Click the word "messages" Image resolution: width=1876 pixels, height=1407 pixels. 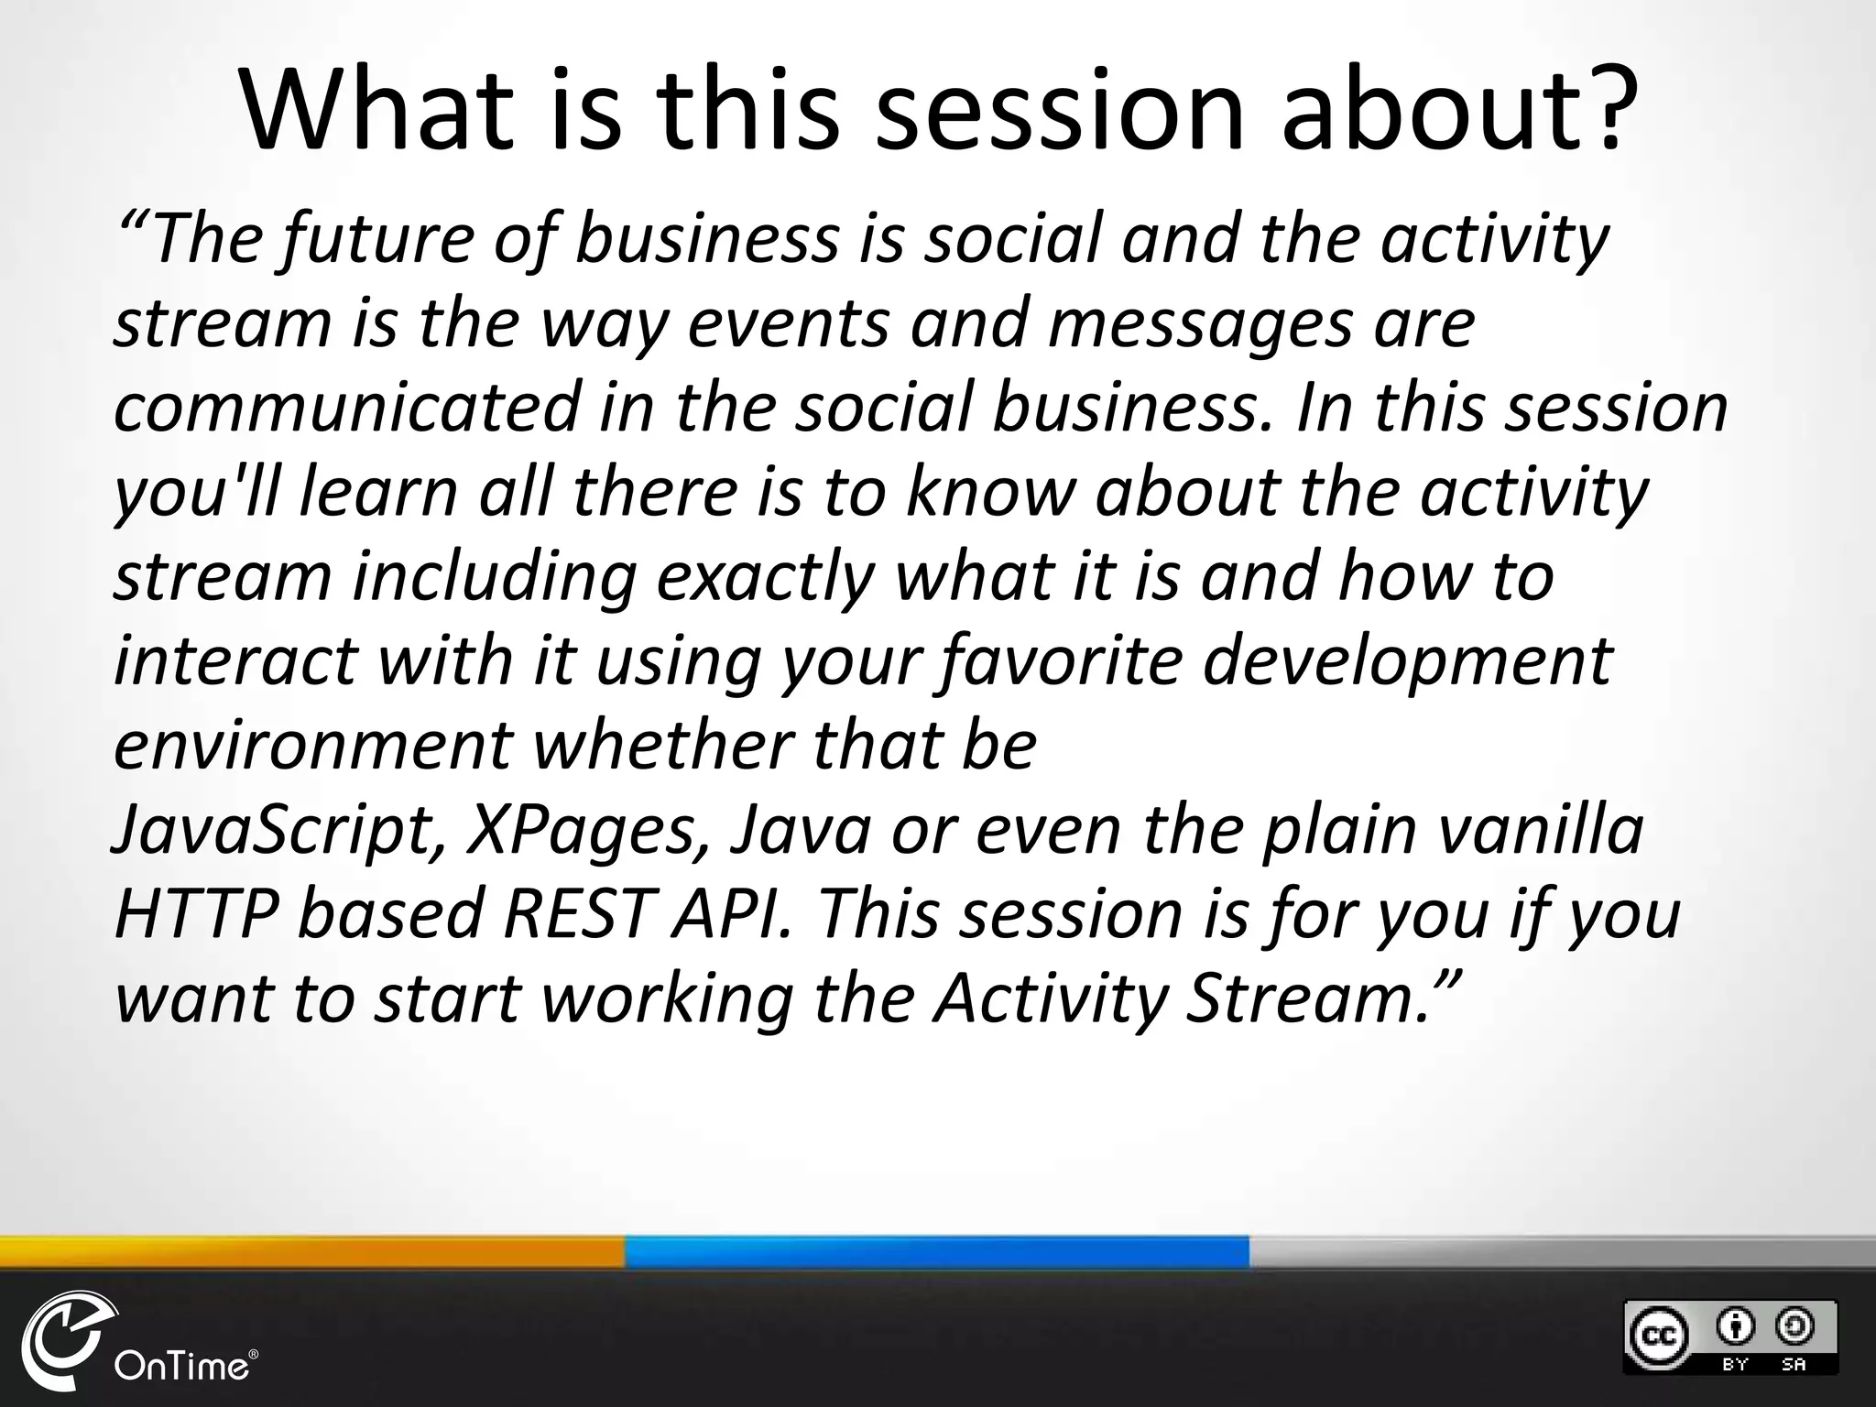click(1200, 325)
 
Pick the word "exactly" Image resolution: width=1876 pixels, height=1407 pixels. click(765, 578)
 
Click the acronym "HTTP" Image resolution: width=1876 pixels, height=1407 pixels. click(196, 914)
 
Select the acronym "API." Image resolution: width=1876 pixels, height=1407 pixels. click(732, 914)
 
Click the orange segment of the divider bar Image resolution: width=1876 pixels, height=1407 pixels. click(311, 1252)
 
